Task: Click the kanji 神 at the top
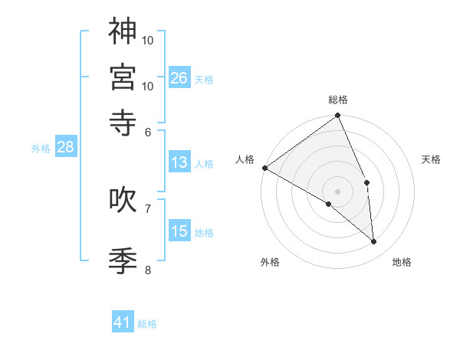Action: pos(123,32)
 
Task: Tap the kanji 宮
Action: pos(123,77)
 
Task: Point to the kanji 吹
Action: pos(123,198)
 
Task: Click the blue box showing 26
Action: pos(179,78)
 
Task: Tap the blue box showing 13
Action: pos(179,162)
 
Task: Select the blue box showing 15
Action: pos(179,231)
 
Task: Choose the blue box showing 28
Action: pos(65,148)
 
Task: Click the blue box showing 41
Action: pos(123,322)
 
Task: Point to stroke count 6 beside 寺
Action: pos(148,132)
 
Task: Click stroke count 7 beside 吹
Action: pos(148,208)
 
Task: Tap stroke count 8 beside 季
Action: pos(148,270)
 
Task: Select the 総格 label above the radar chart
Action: pos(338,100)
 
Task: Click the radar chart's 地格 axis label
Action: pos(402,263)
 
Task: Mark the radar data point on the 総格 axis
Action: pos(338,116)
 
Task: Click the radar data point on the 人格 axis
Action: pos(264,168)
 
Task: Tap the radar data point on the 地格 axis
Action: pos(373,242)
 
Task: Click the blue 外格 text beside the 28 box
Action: pos(40,149)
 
